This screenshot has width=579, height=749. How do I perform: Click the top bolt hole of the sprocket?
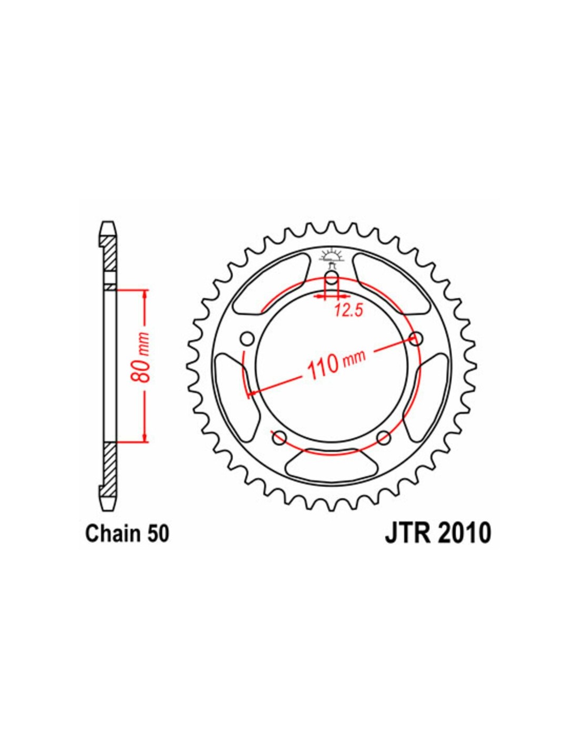tap(332, 278)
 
